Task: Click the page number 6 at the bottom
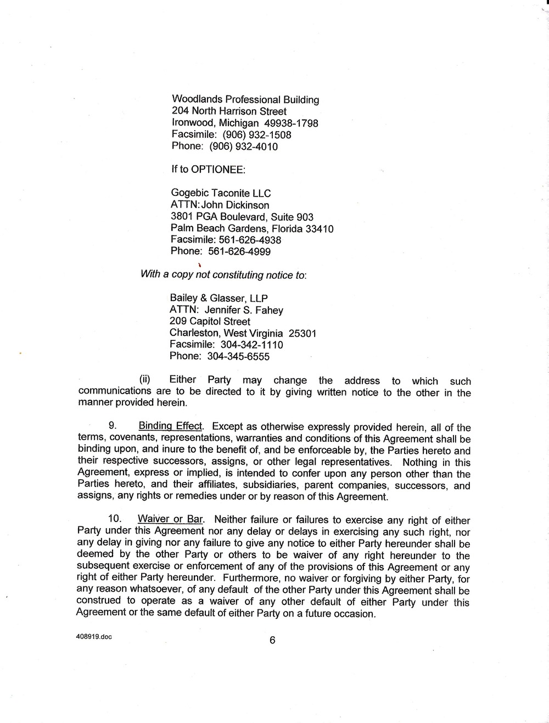[x=272, y=641]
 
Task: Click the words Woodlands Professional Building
[x=245, y=99]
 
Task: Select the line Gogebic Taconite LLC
[x=221, y=193]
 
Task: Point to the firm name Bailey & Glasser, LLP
[x=219, y=298]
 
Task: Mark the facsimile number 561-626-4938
[x=250, y=240]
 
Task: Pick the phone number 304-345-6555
[x=238, y=356]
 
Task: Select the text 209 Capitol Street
[x=210, y=321]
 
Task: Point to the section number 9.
[x=112, y=426]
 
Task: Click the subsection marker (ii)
[x=145, y=379]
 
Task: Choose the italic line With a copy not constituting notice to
[x=223, y=274]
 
